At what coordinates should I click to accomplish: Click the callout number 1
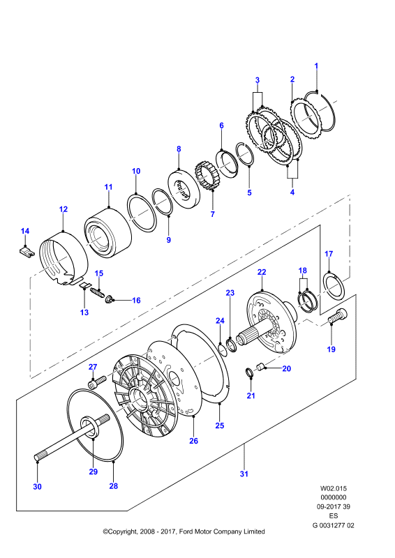(316, 66)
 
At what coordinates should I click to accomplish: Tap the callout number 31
(244, 474)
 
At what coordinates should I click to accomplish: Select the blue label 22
(262, 272)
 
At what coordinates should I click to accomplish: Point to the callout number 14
(25, 231)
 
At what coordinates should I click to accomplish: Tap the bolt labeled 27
(97, 382)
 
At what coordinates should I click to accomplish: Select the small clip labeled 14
(27, 252)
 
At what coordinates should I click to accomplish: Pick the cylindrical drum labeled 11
(108, 232)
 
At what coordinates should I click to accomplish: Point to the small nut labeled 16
(109, 299)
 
